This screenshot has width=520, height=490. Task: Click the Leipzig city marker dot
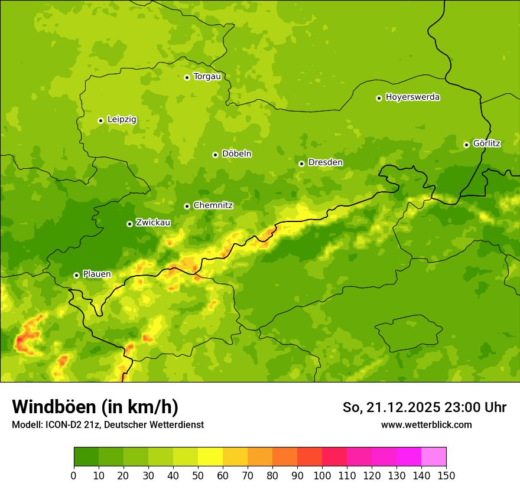(100, 120)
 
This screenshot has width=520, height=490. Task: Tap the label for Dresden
(325, 162)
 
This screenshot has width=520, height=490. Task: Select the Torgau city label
(207, 76)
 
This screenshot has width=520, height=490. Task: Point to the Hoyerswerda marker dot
(379, 98)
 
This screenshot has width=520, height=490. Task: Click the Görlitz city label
(487, 143)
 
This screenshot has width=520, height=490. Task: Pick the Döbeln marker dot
(215, 155)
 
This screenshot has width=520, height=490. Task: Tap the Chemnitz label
(213, 205)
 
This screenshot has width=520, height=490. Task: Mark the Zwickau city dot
(129, 224)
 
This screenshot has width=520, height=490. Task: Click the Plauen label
(97, 274)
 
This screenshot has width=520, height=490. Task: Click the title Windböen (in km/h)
(95, 407)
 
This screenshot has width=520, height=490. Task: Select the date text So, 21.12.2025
(392, 407)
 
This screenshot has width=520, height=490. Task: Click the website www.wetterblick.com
(426, 424)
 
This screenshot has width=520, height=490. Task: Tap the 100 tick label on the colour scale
(322, 475)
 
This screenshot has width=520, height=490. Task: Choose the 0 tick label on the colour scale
(74, 475)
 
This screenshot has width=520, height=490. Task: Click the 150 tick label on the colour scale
(446, 475)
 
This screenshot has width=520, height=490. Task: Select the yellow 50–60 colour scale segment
(210, 457)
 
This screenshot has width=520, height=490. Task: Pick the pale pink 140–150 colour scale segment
(434, 457)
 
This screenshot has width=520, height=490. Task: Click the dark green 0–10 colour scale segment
(86, 457)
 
